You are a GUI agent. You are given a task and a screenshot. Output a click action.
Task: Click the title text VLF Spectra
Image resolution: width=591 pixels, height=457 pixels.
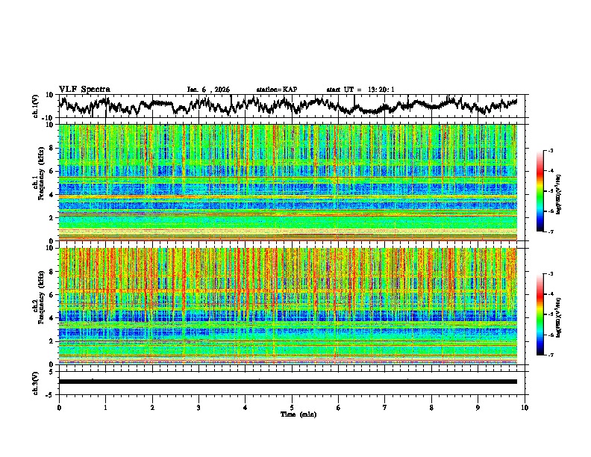point(84,89)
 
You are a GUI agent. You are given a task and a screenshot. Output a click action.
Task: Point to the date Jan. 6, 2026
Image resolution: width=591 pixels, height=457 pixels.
point(208,90)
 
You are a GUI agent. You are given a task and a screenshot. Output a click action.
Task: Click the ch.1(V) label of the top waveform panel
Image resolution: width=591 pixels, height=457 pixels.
point(36,105)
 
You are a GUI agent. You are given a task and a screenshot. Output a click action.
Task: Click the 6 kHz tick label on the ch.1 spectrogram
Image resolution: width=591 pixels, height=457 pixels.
point(50,171)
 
